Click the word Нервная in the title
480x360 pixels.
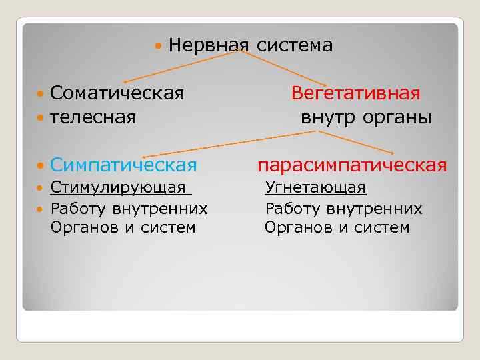(x=209, y=45)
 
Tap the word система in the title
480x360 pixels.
(x=294, y=45)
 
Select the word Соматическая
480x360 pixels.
(x=117, y=93)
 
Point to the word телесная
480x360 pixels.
(x=93, y=118)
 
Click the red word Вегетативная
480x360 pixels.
(x=355, y=93)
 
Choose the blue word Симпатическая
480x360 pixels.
(x=123, y=165)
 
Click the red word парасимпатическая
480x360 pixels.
(x=352, y=165)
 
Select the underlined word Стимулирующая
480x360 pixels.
(x=118, y=188)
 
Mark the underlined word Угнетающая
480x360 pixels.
(x=315, y=188)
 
